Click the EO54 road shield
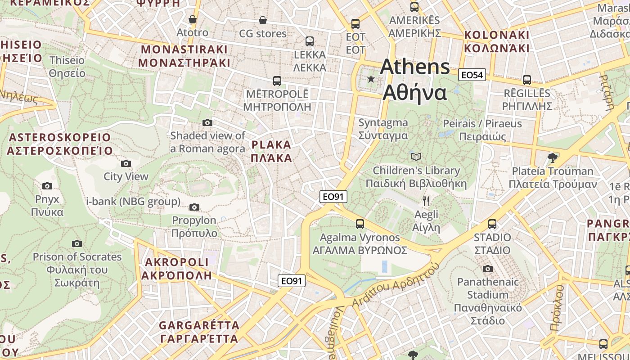[x=472, y=75]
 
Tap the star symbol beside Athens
[x=371, y=79]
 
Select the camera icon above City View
[x=126, y=163]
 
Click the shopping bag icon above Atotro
[x=193, y=19]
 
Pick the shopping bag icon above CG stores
[x=263, y=20]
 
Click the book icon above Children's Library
[x=417, y=157]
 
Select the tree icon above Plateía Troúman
[x=553, y=157]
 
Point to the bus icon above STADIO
[x=492, y=224]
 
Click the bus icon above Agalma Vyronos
[x=360, y=224]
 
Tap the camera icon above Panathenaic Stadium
[x=487, y=269]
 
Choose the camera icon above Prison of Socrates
[x=77, y=243]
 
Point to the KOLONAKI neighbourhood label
[x=496, y=35]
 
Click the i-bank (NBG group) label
[x=133, y=201]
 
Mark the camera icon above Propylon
[x=194, y=207]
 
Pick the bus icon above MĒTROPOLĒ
[x=277, y=81]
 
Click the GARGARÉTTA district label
[x=199, y=325]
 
